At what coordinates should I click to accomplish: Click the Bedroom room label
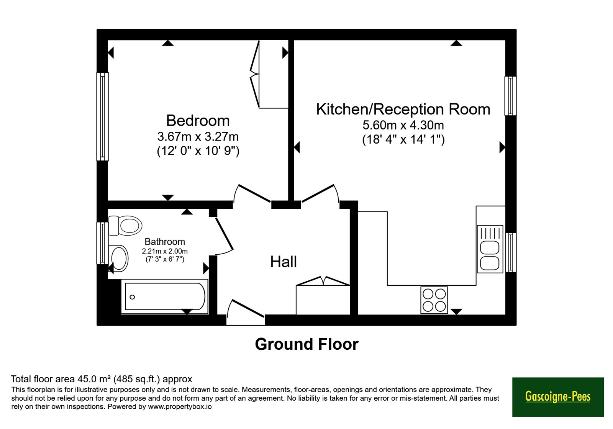tap(198, 121)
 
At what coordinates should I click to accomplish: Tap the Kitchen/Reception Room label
tap(403, 109)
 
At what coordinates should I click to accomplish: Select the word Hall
tap(284, 262)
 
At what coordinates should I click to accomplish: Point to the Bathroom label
tap(165, 242)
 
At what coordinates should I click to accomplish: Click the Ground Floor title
tap(307, 344)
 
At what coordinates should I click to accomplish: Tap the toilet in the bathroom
tap(125, 226)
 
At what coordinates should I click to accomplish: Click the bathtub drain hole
tap(132, 297)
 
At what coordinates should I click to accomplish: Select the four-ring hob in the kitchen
tap(434, 300)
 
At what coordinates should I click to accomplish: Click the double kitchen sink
tap(490, 249)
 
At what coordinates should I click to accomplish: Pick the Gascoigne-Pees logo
tap(558, 397)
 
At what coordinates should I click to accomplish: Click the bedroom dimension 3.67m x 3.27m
tap(198, 136)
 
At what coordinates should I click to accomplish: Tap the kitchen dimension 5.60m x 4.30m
tap(403, 125)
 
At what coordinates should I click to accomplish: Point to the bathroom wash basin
tap(118, 258)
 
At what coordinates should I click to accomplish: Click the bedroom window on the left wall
tap(103, 116)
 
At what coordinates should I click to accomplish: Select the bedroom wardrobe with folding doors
tap(269, 74)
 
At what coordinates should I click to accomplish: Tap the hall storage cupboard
tap(323, 296)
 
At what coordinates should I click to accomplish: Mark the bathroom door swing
tap(224, 235)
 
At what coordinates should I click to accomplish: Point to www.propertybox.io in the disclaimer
tap(180, 406)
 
